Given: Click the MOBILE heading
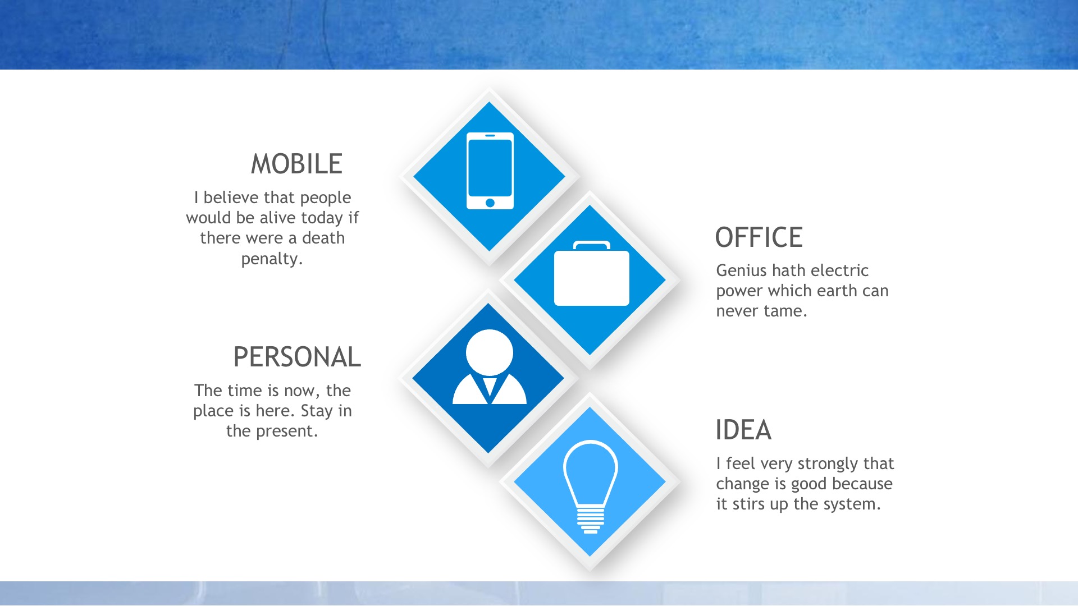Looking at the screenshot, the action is (296, 164).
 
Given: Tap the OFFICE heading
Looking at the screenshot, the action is (759, 237).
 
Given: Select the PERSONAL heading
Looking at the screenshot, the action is (297, 357).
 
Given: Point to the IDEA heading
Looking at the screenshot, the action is (743, 430).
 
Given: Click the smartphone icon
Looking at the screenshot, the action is (490, 171).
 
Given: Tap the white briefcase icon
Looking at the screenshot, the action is (592, 273).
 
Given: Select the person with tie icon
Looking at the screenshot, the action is (490, 367).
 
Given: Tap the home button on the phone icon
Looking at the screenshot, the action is (490, 203).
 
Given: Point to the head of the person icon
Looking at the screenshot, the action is (490, 352).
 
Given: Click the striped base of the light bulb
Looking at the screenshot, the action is (591, 520).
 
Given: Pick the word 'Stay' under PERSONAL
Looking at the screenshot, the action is (317, 411).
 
